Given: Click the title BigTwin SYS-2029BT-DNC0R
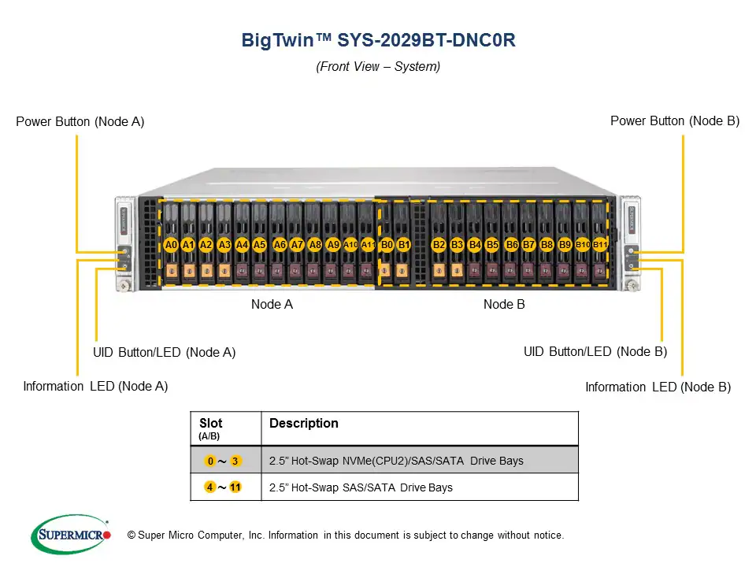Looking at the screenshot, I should pyautogui.click(x=378, y=41).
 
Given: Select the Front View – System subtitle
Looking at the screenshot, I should pyautogui.click(x=378, y=67).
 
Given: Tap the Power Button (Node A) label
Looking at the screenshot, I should pyautogui.click(x=80, y=121).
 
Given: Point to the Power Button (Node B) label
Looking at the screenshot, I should pyautogui.click(x=675, y=120).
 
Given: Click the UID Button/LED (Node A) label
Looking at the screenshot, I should pyautogui.click(x=164, y=352).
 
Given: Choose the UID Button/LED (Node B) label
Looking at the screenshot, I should pyautogui.click(x=595, y=351).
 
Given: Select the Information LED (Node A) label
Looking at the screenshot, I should pyautogui.click(x=95, y=386).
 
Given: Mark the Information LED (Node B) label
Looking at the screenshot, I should pyautogui.click(x=658, y=387).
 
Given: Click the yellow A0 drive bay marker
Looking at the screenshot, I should pyautogui.click(x=171, y=245).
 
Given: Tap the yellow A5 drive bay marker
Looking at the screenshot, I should pyautogui.click(x=260, y=245).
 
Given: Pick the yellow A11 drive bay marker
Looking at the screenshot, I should pyautogui.click(x=368, y=245).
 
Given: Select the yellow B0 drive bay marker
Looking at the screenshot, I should pyautogui.click(x=387, y=245).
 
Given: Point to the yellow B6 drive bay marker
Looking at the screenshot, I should pyautogui.click(x=512, y=245).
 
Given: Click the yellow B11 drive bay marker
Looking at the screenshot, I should pyautogui.click(x=600, y=245).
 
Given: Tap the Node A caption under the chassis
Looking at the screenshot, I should pyautogui.click(x=272, y=304).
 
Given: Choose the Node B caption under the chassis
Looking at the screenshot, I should pyautogui.click(x=504, y=304).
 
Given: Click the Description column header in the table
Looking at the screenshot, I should pyautogui.click(x=304, y=424).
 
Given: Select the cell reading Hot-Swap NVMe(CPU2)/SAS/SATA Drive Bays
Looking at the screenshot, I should pyautogui.click(x=396, y=461).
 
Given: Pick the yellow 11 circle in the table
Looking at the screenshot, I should pyautogui.click(x=235, y=487).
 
